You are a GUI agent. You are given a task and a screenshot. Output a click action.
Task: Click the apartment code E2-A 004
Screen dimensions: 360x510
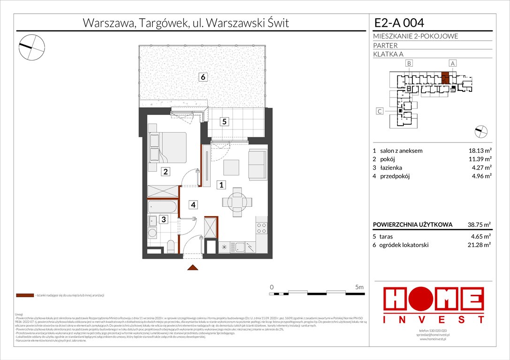pos(400,23)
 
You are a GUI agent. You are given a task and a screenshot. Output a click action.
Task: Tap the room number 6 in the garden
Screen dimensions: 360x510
pos(203,78)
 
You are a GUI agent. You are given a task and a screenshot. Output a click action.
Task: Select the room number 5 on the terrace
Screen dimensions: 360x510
pos(225,122)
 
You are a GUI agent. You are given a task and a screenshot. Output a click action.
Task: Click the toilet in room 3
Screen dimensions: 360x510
pos(171,246)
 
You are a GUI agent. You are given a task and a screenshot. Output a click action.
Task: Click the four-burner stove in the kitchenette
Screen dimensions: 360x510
pos(261,228)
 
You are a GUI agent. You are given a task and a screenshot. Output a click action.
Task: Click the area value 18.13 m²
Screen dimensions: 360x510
pos(476,151)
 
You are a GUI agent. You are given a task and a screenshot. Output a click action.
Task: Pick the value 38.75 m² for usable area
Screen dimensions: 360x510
pos(476,225)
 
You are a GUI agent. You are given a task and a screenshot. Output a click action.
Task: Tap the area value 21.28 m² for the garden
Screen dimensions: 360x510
pos(476,245)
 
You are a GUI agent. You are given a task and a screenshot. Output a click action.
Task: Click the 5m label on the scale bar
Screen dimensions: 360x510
pos(359,286)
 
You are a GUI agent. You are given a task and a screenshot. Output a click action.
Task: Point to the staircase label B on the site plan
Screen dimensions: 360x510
pos(409,63)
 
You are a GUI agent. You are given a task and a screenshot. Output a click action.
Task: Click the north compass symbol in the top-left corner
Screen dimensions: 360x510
pos(31,45)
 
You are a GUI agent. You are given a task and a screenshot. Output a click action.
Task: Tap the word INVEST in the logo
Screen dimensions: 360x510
pos(434,320)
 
